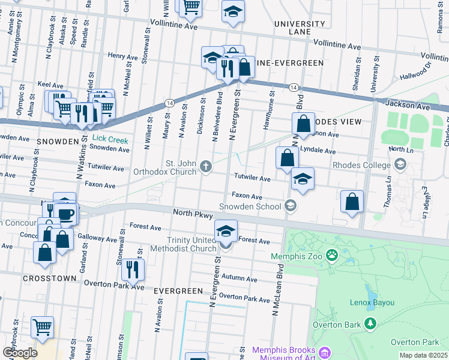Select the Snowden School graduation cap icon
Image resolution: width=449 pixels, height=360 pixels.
[291, 206]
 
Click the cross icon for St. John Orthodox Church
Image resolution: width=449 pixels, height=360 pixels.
[206, 166]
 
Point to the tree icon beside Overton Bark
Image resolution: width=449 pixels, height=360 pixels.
[370, 325]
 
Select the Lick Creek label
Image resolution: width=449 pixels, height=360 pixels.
[110, 139]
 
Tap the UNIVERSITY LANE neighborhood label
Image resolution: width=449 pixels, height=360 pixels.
[299, 28]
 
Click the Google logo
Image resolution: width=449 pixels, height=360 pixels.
[20, 352]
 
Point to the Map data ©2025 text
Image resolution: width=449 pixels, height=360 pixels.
[423, 355]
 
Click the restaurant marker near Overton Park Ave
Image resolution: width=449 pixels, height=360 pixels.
[133, 269]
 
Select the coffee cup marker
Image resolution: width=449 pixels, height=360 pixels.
[65, 213]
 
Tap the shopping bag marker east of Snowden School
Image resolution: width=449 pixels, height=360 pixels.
[352, 202]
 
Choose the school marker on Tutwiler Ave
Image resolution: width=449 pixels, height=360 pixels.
[302, 179]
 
